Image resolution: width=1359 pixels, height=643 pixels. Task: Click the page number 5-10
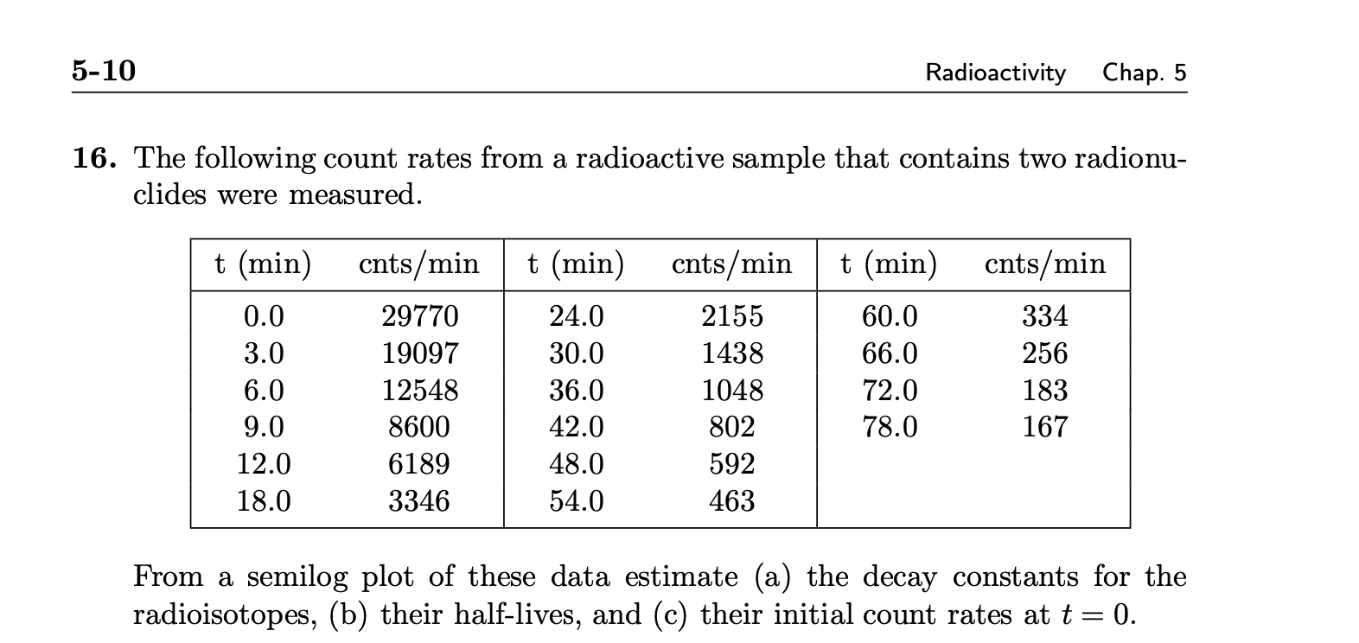point(104,71)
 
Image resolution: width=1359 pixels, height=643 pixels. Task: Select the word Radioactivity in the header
point(995,73)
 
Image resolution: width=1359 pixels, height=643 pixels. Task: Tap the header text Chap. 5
point(1144,73)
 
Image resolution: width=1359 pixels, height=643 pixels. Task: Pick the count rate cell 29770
point(420,316)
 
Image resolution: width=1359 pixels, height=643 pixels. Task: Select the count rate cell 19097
point(420,353)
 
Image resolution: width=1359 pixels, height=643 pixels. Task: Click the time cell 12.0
point(264,464)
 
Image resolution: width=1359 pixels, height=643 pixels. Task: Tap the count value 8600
point(419,427)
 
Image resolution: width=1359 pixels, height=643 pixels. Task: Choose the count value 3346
point(419,501)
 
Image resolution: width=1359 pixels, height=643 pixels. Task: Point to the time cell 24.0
point(577,316)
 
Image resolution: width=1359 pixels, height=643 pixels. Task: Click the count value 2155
point(732,316)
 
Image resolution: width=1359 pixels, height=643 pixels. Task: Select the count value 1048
point(732,391)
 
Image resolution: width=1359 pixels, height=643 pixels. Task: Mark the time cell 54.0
point(577,501)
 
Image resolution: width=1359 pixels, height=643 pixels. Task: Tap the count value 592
point(732,464)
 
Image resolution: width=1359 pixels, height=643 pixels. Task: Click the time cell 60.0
point(890,316)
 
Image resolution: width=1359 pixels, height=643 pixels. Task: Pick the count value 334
point(1045,316)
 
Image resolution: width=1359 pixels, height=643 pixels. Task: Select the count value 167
point(1045,427)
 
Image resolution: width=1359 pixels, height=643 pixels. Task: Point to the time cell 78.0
point(890,427)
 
